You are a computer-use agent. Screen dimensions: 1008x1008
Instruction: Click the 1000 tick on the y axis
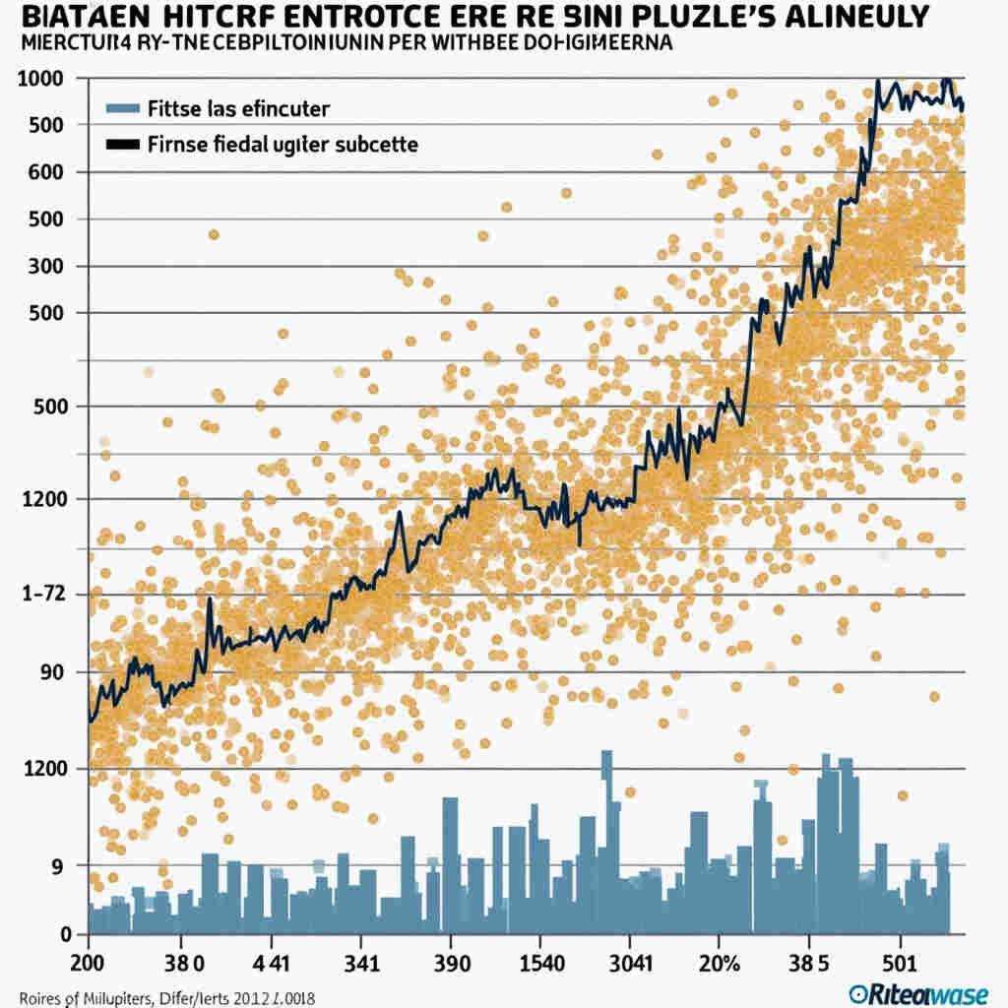[x=40, y=79]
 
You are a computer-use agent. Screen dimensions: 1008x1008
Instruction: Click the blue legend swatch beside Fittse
[x=122, y=108]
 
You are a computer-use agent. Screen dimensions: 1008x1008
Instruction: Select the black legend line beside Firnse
[x=122, y=145]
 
